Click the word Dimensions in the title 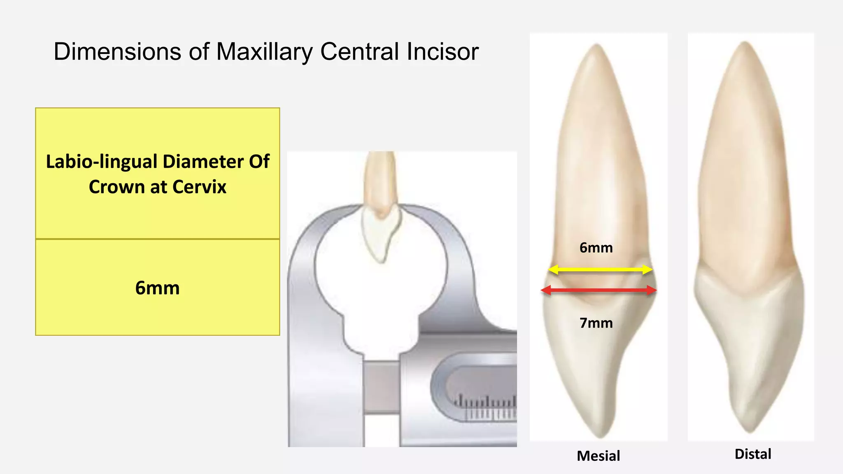tap(117, 52)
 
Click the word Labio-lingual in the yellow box tap(101, 162)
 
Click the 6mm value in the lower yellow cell tap(157, 288)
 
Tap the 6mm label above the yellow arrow tap(596, 248)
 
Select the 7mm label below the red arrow tap(596, 323)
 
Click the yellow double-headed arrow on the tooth tap(600, 270)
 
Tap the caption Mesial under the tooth tap(598, 456)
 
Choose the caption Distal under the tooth tap(752, 454)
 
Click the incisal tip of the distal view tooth tap(749, 430)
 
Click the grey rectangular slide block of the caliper tap(382, 387)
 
